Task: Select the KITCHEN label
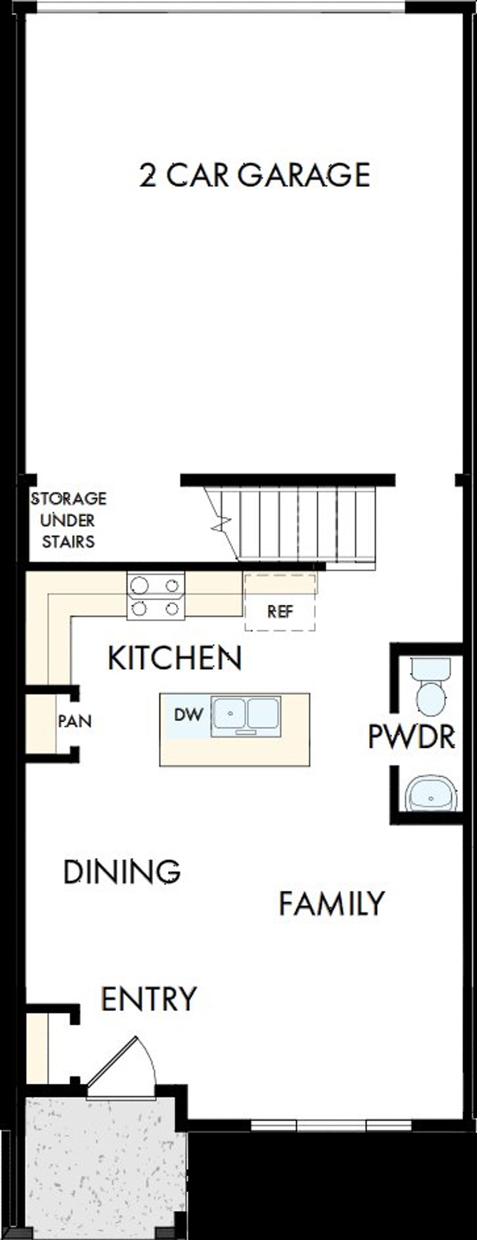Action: click(174, 658)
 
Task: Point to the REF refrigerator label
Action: click(280, 612)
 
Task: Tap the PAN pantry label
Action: click(75, 721)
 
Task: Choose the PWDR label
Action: click(411, 736)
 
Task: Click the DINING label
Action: click(122, 871)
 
